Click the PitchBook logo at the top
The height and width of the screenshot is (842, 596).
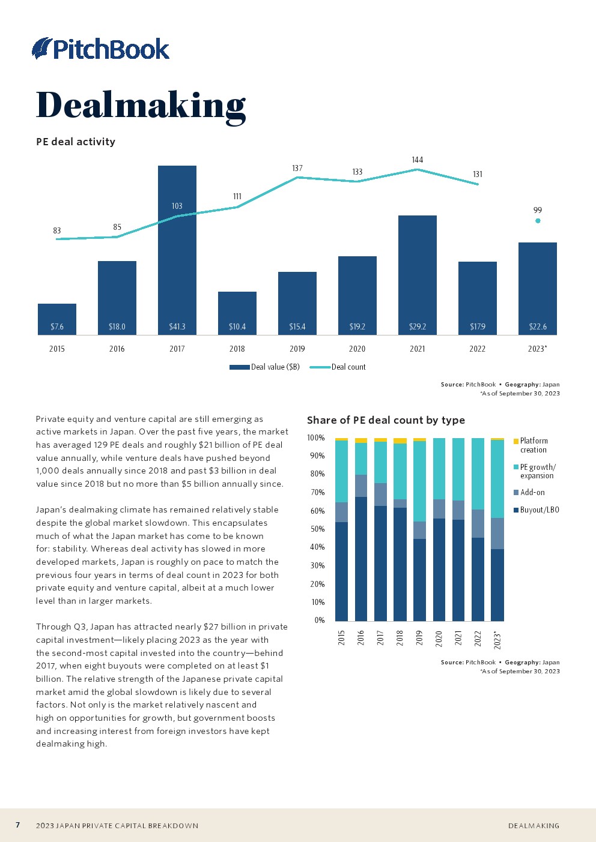click(101, 49)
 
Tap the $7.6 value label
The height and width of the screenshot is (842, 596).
click(57, 327)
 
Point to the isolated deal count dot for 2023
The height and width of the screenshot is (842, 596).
click(538, 221)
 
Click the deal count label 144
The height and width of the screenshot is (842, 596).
click(418, 160)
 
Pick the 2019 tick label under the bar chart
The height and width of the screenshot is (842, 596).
click(297, 349)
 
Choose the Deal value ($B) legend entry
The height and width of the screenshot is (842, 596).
click(265, 367)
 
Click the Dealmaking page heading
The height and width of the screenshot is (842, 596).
click(141, 106)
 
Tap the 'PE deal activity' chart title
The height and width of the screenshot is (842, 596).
click(76, 142)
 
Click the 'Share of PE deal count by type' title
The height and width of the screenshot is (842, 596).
click(386, 420)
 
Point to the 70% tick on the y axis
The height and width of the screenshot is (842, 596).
click(317, 492)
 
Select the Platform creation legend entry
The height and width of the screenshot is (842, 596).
click(533, 445)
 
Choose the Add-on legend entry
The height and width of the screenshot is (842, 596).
click(532, 493)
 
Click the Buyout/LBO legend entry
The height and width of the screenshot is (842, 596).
click(539, 510)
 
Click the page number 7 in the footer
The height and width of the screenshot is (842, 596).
click(18, 825)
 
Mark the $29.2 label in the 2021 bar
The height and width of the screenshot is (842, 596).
click(418, 327)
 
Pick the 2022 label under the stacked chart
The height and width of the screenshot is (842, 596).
click(478, 638)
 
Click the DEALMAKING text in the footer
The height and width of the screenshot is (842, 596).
click(534, 826)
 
